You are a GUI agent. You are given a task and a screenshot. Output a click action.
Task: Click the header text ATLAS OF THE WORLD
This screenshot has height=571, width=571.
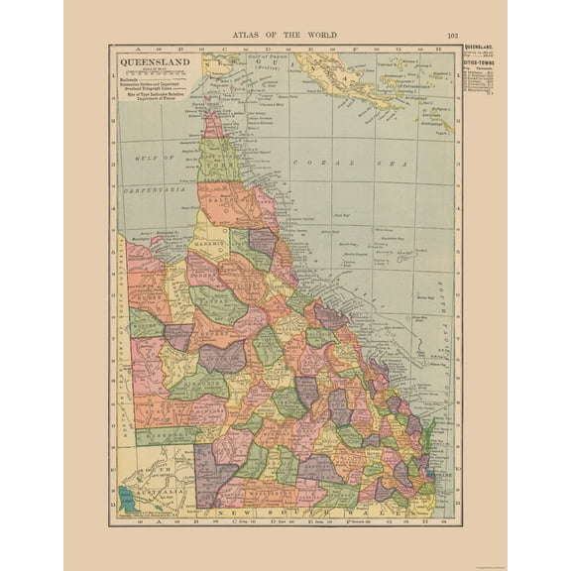coord(285,34)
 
